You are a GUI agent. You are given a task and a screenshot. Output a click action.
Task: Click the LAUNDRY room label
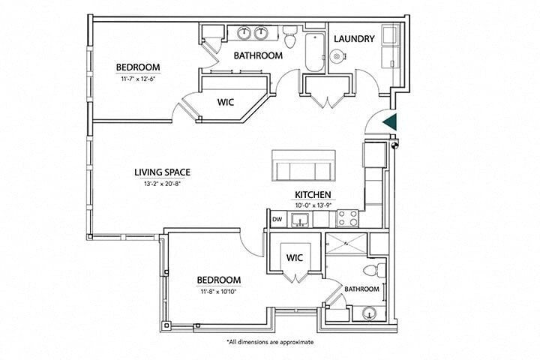tap(353, 38)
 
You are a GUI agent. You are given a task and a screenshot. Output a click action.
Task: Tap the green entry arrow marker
tap(389, 122)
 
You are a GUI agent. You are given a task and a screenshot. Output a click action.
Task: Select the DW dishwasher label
tap(277, 220)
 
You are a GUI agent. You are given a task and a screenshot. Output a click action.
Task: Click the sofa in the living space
tap(304, 166)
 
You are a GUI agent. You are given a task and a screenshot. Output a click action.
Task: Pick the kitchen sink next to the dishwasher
tap(300, 219)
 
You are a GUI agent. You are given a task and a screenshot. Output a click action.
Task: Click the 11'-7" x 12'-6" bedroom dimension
tap(136, 78)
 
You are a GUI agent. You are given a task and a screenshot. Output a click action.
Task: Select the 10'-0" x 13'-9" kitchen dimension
tap(313, 205)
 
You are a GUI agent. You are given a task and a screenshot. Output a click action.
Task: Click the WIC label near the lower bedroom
tap(294, 257)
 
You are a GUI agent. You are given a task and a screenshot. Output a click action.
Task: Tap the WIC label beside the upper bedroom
tap(227, 103)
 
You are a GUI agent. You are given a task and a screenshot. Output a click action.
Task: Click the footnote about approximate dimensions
tap(270, 342)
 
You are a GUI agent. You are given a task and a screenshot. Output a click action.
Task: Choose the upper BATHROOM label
tap(257, 55)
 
